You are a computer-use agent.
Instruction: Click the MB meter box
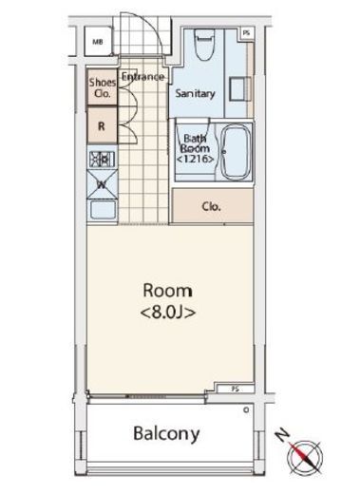(98, 41)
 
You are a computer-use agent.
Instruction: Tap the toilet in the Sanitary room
(204, 45)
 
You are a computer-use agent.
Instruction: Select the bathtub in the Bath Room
(236, 152)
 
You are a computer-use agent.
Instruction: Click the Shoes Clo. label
(103, 87)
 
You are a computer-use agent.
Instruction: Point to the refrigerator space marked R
(102, 125)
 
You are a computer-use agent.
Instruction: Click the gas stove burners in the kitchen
(103, 159)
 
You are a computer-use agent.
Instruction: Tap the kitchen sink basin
(103, 209)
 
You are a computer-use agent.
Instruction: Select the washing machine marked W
(103, 184)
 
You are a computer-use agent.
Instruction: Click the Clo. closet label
(211, 206)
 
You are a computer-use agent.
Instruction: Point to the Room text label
(167, 291)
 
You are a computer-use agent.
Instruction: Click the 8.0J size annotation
(168, 313)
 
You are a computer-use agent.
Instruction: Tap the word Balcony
(166, 433)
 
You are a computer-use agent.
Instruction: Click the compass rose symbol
(304, 457)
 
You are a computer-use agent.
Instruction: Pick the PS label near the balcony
(236, 389)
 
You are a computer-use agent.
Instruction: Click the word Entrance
(142, 76)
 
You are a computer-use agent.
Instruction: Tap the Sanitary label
(195, 93)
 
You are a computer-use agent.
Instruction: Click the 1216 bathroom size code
(196, 159)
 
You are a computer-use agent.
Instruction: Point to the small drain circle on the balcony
(246, 410)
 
